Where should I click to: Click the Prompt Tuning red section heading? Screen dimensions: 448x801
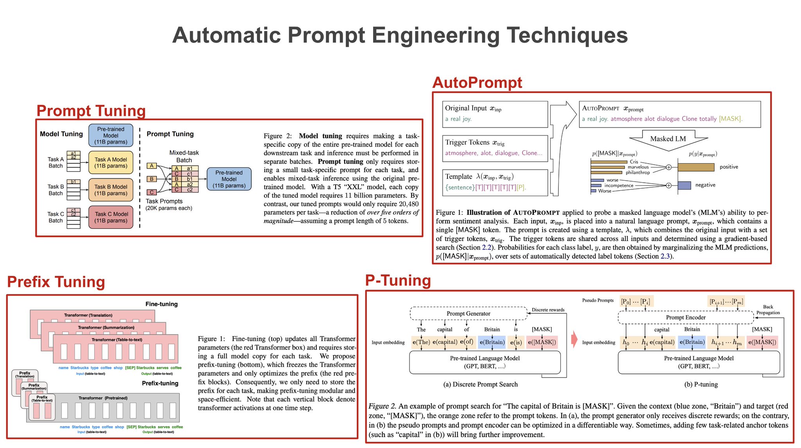point(91,111)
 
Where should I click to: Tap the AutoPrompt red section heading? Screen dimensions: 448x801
point(477,83)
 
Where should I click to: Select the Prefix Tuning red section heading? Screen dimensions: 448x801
point(56,282)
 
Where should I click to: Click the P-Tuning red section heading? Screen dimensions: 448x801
point(398,281)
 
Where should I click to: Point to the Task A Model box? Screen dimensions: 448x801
point(111,163)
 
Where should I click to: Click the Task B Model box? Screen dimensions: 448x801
point(111,190)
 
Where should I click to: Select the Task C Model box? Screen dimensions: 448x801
point(111,217)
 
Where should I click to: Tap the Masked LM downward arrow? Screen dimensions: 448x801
point(668,140)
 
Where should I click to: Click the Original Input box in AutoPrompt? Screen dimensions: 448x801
point(495,114)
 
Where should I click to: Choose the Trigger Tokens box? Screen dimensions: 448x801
point(495,148)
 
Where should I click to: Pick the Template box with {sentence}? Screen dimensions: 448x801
point(495,182)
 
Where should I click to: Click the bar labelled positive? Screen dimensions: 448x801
point(696,167)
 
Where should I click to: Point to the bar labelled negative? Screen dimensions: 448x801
point(684,185)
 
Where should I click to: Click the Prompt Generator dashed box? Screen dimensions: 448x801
point(468,313)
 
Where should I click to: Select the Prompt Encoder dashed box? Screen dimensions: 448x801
point(685,317)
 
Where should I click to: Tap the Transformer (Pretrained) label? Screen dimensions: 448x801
point(103,398)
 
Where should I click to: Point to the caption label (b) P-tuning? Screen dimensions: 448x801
point(701,384)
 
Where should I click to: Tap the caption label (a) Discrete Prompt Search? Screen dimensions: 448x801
point(480,384)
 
